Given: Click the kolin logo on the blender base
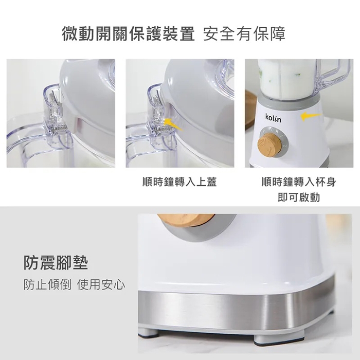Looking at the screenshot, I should (274, 118).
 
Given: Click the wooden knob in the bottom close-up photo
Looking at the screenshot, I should (186, 221).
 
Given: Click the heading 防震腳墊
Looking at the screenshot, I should (56, 263).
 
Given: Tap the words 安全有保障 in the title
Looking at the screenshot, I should (244, 34).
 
